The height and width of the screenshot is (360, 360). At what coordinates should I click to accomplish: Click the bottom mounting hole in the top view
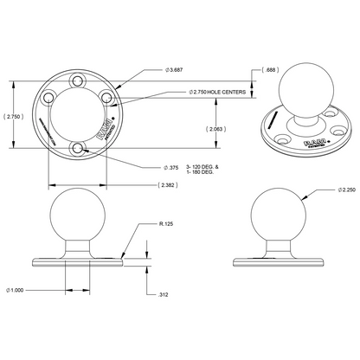coord(79,149)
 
